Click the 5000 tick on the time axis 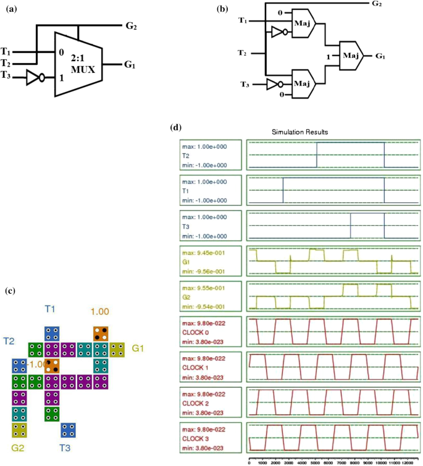click(316, 460)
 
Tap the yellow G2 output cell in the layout click(19, 429)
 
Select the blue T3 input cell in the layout click(69, 429)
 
